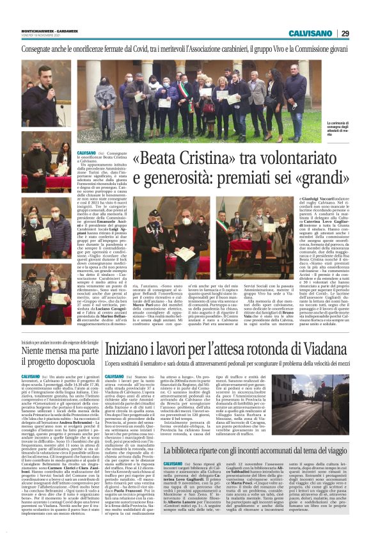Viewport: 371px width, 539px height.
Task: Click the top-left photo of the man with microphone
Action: pos(46,92)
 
